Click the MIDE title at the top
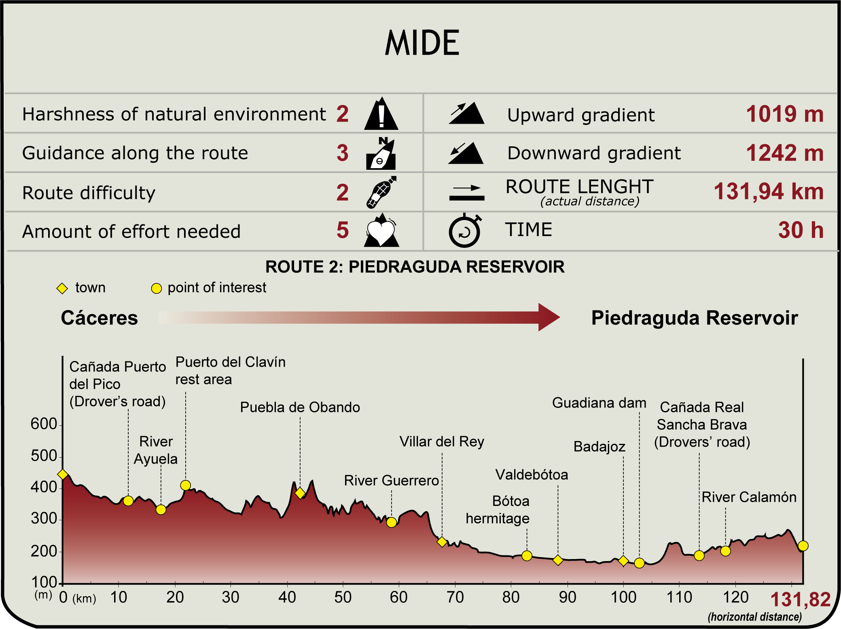point(422,43)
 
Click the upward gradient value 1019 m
point(784,114)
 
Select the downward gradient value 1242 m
point(784,153)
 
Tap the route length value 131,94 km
point(768,191)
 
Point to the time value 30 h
point(801,230)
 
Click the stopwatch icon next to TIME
point(465,231)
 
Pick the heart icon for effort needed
point(381,231)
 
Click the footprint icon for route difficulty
point(381,192)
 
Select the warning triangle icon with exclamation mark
point(381,114)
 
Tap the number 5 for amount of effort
point(342,230)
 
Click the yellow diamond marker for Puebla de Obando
point(300,493)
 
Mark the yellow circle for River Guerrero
point(391,522)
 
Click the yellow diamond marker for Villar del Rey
point(442,542)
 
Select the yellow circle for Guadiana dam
point(639,563)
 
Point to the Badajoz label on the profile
point(599,447)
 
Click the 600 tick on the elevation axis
point(44,424)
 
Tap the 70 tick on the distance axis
point(455,597)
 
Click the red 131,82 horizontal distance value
point(800,599)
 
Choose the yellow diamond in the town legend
point(62,288)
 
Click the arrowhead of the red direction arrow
point(549,317)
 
